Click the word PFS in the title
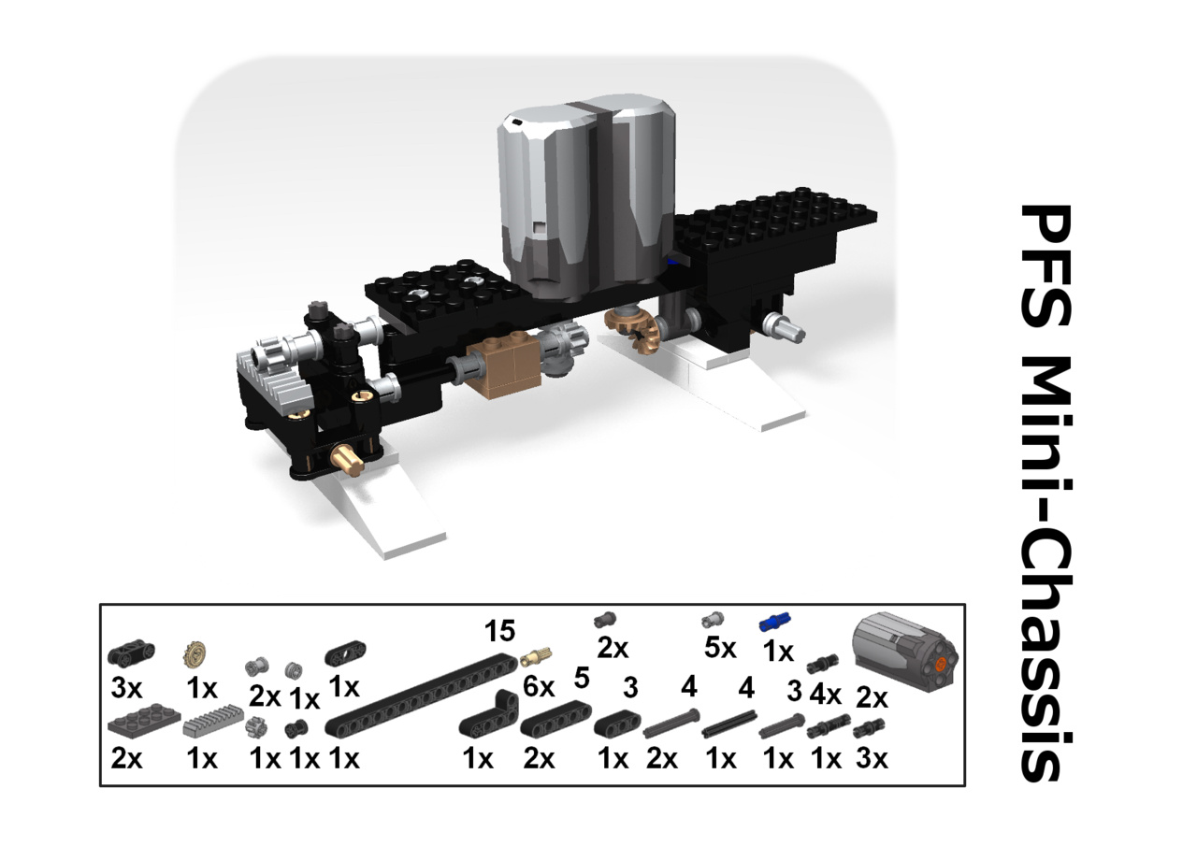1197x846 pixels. click(1046, 265)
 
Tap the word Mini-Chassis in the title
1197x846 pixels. click(1046, 567)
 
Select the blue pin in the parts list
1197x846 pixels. click(775, 623)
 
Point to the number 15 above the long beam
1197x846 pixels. click(499, 631)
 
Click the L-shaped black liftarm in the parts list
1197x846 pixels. click(488, 714)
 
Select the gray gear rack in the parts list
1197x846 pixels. click(212, 721)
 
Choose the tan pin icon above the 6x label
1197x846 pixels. click(536, 656)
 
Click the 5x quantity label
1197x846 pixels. click(720, 649)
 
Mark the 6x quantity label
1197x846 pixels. click(539, 687)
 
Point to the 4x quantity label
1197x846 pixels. click(825, 695)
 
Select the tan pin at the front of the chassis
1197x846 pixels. click(347, 459)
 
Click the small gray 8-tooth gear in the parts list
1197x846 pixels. click(256, 727)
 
